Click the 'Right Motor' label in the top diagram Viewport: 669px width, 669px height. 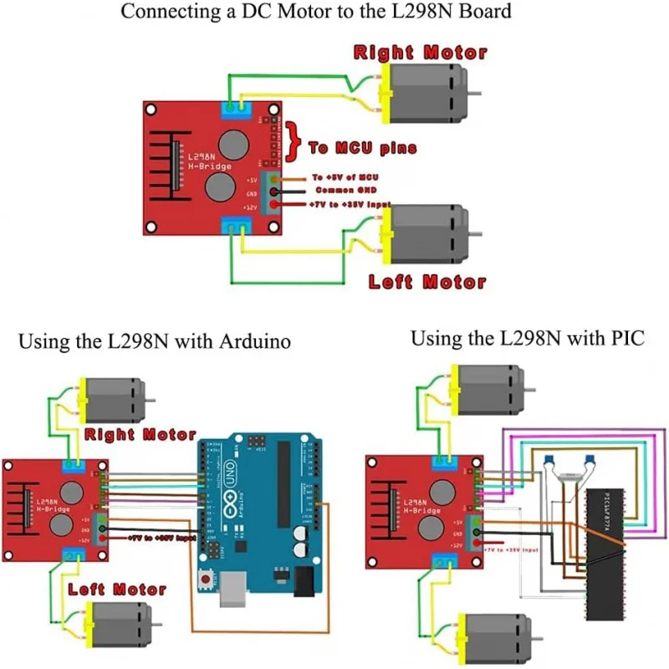pyautogui.click(x=420, y=53)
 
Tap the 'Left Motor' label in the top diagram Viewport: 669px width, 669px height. pyautogui.click(x=427, y=282)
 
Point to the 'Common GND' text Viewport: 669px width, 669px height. pyautogui.click(x=342, y=191)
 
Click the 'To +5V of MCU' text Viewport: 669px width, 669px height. pyautogui.click(x=345, y=177)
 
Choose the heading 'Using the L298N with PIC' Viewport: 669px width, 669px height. pyautogui.click(x=517, y=339)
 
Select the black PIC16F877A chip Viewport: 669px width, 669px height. pyautogui.click(x=602, y=552)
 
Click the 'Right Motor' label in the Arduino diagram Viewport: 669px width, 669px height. pyautogui.click(x=140, y=435)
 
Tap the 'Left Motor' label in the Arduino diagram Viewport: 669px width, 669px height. pyautogui.click(x=117, y=590)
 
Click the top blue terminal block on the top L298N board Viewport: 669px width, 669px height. pyautogui.click(x=237, y=109)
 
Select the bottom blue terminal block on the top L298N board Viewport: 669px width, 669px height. pyautogui.click(x=237, y=223)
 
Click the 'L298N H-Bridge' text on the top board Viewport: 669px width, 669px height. pyautogui.click(x=202, y=161)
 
